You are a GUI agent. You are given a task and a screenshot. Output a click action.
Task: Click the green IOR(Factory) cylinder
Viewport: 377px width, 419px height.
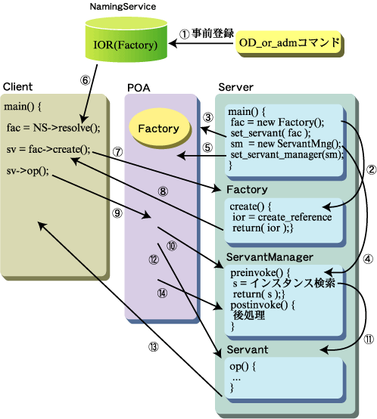tap(126, 40)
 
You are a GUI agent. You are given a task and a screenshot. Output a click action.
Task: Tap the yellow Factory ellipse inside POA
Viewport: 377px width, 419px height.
tap(159, 129)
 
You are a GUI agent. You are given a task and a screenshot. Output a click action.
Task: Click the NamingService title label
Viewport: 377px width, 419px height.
tap(123, 6)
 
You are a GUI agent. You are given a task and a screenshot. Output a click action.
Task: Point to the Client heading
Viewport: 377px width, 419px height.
tap(17, 86)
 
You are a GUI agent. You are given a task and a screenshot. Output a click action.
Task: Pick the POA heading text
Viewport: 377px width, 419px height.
tap(139, 88)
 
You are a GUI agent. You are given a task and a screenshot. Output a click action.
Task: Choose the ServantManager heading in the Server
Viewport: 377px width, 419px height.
tap(270, 257)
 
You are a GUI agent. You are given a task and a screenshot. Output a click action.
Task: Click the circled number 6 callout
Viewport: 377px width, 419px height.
tap(85, 80)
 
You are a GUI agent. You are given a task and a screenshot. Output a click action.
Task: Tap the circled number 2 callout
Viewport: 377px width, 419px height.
tap(371, 169)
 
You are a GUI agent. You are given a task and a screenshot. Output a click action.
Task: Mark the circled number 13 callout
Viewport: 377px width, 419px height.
tap(154, 347)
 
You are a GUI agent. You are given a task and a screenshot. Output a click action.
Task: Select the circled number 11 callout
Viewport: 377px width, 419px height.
tap(369, 339)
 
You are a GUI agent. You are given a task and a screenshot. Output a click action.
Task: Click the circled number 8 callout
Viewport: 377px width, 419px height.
tap(163, 191)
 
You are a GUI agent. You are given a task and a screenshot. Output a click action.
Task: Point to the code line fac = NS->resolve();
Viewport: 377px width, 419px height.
tap(53, 128)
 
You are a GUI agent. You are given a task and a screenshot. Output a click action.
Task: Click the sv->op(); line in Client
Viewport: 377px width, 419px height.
tap(27, 171)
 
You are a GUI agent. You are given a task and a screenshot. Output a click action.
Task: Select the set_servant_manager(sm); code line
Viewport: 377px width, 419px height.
tap(287, 155)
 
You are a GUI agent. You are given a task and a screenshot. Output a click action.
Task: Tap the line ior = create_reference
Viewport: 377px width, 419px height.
tap(282, 217)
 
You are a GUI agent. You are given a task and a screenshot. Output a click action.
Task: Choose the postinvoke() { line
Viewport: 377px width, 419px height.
tap(263, 305)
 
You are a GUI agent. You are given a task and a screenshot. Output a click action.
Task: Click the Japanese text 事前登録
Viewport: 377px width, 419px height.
tap(213, 34)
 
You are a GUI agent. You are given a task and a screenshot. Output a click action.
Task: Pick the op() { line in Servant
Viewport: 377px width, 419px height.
tap(242, 366)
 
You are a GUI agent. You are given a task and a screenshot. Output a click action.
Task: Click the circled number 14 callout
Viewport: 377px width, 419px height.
tap(162, 293)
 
